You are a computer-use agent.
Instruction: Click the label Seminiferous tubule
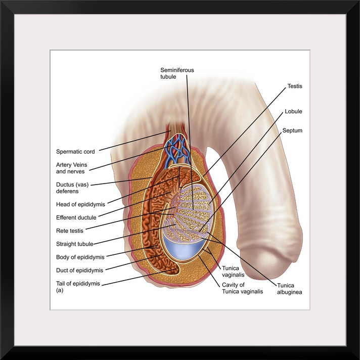click(177, 73)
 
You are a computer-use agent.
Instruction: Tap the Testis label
click(294, 86)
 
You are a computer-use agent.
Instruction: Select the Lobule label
click(293, 111)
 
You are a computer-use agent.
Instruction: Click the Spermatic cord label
click(75, 151)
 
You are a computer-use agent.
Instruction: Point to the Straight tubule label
click(75, 244)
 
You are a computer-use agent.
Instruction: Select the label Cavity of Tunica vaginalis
click(242, 288)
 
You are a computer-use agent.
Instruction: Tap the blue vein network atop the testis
click(177, 147)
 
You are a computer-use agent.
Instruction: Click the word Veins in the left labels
click(84, 164)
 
